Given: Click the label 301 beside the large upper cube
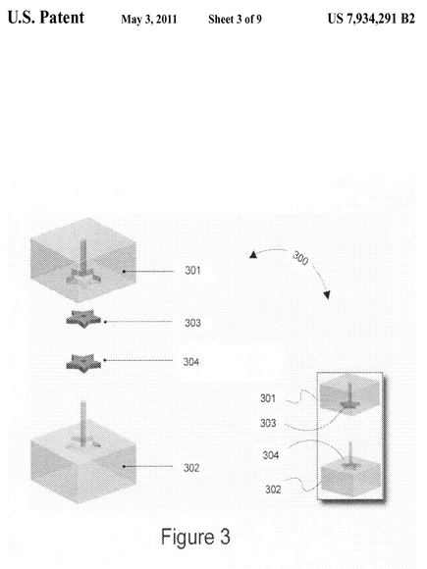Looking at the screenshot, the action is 192,271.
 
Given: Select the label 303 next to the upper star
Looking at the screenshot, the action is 192,323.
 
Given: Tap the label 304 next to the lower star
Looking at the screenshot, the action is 191,362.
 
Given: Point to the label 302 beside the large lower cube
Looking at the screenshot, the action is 191,468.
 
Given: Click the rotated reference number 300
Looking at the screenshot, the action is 300,258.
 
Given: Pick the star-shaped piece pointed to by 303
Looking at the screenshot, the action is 83,319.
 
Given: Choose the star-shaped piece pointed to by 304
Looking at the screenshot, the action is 83,363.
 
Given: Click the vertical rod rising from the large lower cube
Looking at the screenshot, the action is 83,423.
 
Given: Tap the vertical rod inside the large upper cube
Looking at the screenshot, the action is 83,256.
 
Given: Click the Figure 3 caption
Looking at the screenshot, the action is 195,537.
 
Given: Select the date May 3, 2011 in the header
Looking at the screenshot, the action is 149,20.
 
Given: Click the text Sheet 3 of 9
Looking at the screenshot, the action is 235,20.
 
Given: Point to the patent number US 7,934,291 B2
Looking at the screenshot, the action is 371,19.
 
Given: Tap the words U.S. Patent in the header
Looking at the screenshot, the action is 46,18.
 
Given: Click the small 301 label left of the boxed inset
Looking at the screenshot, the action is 268,398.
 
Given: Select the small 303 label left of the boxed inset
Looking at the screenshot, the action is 268,423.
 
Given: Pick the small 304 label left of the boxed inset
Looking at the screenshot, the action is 271,455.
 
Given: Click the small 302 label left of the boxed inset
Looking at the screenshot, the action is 273,490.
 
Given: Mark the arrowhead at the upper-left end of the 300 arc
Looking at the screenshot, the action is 253,255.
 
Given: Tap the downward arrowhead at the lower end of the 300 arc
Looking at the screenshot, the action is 327,295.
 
